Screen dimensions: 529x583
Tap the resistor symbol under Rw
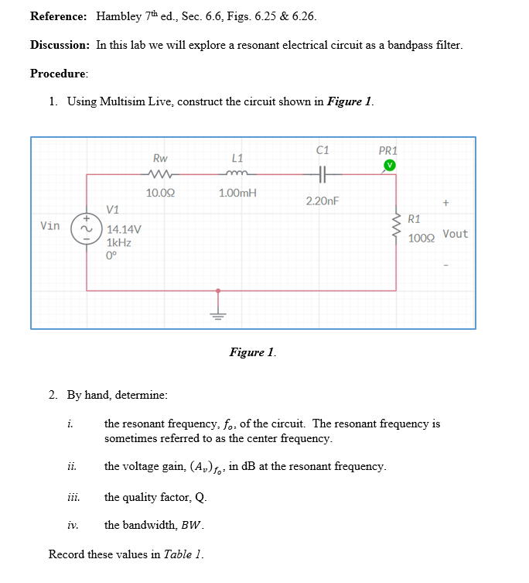coord(162,174)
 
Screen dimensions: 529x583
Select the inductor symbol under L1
coord(238,174)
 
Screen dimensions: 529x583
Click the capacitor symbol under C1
coord(323,174)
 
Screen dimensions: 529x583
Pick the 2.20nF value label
coord(323,201)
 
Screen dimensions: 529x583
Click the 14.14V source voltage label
coord(123,229)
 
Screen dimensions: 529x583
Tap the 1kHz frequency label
coord(118,242)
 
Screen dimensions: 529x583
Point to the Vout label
coord(456,234)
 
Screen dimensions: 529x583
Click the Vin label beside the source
coord(50,226)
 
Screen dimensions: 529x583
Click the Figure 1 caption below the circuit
coord(252,352)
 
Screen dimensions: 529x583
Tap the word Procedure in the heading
coord(59,74)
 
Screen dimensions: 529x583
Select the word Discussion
coord(60,45)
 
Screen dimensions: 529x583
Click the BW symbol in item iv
coord(193,526)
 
